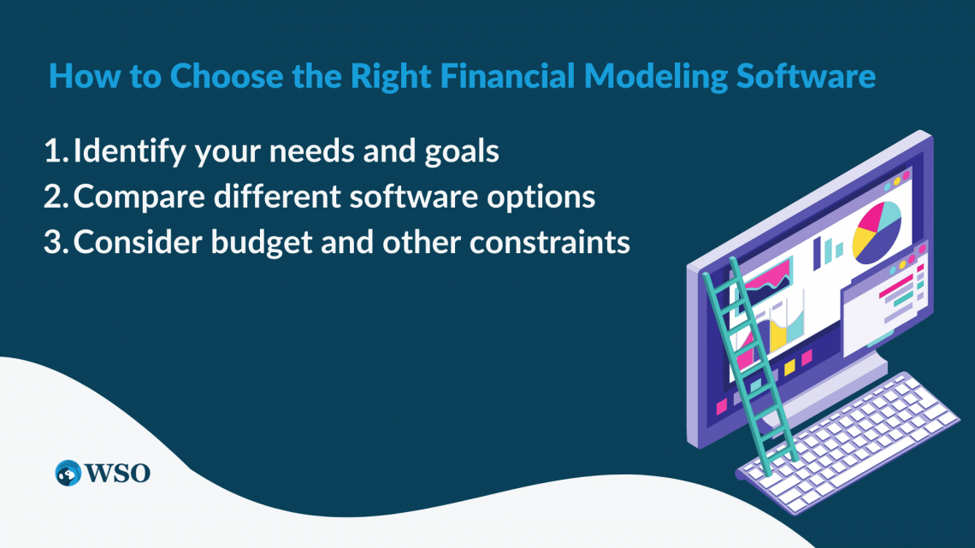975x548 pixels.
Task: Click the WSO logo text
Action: [x=117, y=472]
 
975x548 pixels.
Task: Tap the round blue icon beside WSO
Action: [x=68, y=473]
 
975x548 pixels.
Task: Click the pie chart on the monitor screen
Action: [x=876, y=231]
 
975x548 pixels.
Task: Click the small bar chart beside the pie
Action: [x=828, y=250]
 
